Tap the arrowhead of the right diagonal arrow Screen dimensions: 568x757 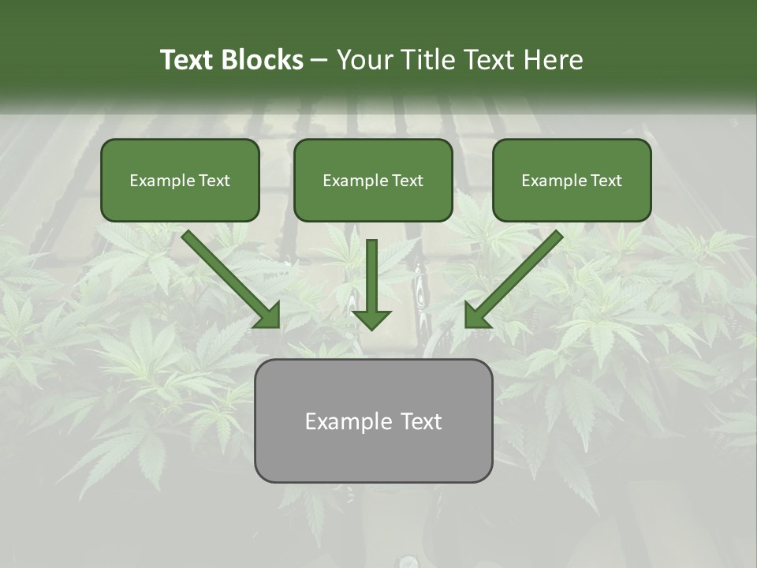point(477,315)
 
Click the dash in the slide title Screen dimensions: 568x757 point(319,60)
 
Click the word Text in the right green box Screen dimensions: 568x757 point(606,181)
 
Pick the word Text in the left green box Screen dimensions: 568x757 point(214,181)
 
